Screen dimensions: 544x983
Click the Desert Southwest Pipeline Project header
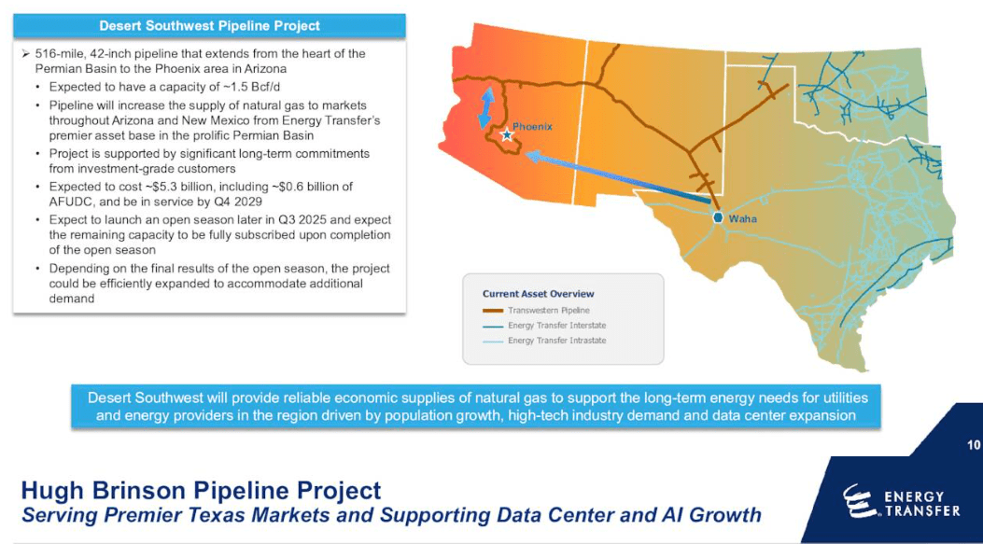click(x=209, y=26)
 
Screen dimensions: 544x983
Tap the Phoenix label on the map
click(x=532, y=127)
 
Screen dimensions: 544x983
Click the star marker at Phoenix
click(x=507, y=135)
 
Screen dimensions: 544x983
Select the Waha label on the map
click(x=742, y=219)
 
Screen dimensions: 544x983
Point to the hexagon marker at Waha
click(x=718, y=217)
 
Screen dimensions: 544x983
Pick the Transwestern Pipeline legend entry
click(x=548, y=310)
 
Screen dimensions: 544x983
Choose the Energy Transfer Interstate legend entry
click(x=556, y=326)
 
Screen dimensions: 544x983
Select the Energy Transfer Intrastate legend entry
click(x=556, y=341)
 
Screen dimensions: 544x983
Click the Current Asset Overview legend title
click(x=538, y=294)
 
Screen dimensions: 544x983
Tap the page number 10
click(x=973, y=445)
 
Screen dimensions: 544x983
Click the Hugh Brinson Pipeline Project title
click(x=201, y=490)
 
